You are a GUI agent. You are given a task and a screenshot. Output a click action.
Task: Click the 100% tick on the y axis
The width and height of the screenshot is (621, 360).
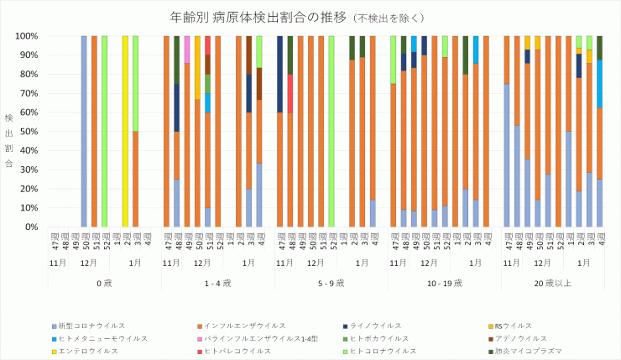tap(25, 36)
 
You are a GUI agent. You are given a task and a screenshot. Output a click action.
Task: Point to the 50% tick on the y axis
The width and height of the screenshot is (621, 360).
tap(28, 132)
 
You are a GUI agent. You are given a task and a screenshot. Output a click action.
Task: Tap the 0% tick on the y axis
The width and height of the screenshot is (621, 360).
tap(30, 227)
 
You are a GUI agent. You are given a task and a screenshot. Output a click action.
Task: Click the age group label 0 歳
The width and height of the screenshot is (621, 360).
tap(104, 283)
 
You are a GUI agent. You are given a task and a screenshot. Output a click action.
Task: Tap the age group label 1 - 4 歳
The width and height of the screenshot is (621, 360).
tap(217, 283)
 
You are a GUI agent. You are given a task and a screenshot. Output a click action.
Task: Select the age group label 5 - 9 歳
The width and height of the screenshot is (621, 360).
tap(331, 283)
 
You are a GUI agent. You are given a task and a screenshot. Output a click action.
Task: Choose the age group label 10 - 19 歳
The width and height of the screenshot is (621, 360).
tap(444, 283)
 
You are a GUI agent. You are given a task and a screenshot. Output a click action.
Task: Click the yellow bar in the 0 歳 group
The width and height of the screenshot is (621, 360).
tap(125, 132)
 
